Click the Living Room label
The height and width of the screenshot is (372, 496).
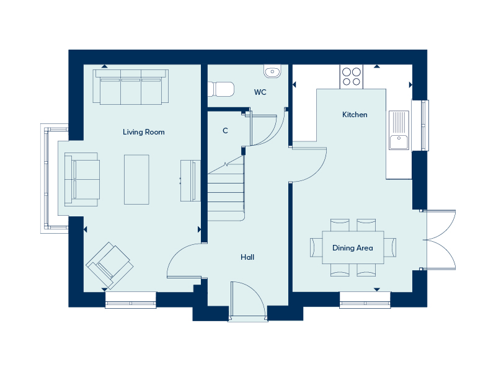click(143, 132)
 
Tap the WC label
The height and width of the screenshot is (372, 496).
click(260, 92)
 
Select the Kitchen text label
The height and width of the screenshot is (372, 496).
click(355, 115)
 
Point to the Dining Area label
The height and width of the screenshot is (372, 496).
click(352, 248)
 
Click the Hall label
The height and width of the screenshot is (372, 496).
click(247, 257)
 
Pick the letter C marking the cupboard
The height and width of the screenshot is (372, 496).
click(225, 131)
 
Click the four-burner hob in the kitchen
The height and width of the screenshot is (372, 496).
click(352, 76)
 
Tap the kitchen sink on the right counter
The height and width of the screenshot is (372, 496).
click(399, 131)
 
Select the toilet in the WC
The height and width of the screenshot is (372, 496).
click(221, 90)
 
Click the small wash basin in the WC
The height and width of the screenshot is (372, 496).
click(273, 73)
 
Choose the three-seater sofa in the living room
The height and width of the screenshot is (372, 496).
click(130, 87)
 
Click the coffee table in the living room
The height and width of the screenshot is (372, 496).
click(136, 179)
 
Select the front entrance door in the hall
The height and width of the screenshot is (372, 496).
click(247, 301)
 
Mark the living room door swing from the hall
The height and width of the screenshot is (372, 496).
click(185, 260)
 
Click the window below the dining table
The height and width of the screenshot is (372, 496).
click(365, 304)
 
